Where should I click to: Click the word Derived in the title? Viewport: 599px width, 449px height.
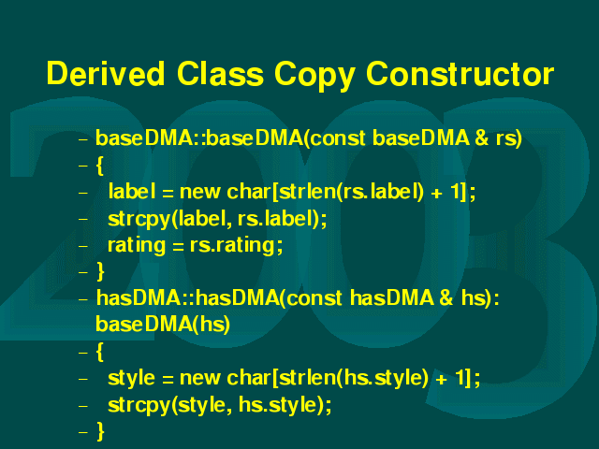tap(106, 73)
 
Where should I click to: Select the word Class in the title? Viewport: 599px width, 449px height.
tap(220, 73)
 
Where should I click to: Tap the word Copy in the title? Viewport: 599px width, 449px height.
tap(314, 77)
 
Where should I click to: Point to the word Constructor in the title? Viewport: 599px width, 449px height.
tap(460, 73)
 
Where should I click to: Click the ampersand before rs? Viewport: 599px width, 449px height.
tap(482, 138)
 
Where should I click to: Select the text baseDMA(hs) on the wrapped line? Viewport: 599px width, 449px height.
tap(163, 325)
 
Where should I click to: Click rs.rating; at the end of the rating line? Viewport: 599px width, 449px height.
tap(236, 246)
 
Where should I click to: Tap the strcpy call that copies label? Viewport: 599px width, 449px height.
tap(217, 219)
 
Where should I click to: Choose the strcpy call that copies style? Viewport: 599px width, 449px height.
tap(220, 405)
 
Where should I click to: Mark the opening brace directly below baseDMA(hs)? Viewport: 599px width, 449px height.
tap(100, 352)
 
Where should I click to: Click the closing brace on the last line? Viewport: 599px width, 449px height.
tap(100, 431)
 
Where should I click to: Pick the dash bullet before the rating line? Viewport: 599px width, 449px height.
tap(83, 246)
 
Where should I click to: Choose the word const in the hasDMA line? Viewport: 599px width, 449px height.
tap(314, 298)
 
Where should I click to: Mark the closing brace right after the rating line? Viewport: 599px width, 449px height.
tap(100, 271)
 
